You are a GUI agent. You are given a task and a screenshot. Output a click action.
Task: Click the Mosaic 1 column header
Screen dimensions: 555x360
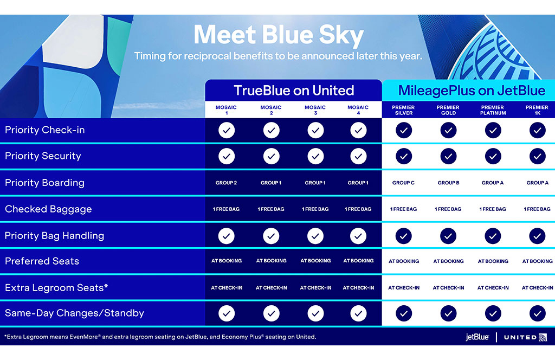pyautogui.click(x=226, y=110)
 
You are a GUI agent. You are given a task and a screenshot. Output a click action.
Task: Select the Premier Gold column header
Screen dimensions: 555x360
pyautogui.click(x=448, y=110)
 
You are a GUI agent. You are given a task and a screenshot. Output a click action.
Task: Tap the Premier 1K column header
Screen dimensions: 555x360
pyautogui.click(x=537, y=110)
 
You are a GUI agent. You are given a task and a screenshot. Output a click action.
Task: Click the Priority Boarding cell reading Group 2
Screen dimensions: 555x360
pyautogui.click(x=226, y=183)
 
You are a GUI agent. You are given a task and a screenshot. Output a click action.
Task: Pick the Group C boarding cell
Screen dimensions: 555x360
pyautogui.click(x=403, y=183)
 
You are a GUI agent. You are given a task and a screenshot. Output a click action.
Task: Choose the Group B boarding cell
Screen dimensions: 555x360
pyautogui.click(x=448, y=183)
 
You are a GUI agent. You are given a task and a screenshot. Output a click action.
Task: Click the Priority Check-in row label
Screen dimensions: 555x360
pyautogui.click(x=45, y=130)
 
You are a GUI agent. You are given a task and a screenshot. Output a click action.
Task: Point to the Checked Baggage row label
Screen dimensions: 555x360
pyautogui.click(x=48, y=209)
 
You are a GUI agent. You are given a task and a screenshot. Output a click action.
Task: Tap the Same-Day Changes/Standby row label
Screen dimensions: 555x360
pyautogui.click(x=75, y=313)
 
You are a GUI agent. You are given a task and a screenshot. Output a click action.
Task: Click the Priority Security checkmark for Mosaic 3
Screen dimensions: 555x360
pyautogui.click(x=315, y=157)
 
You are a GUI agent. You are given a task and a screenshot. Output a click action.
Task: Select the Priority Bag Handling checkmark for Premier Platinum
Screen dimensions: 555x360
pyautogui.click(x=493, y=236)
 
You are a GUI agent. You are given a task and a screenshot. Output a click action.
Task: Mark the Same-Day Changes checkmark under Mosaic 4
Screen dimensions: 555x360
pyautogui.click(x=358, y=313)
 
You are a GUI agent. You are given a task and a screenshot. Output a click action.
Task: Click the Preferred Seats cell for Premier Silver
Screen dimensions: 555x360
pyautogui.click(x=404, y=261)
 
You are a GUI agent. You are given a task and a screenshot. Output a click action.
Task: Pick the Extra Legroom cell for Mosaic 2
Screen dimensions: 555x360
pyautogui.click(x=271, y=288)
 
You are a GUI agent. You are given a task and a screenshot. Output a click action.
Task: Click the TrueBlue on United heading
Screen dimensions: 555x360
pyautogui.click(x=294, y=91)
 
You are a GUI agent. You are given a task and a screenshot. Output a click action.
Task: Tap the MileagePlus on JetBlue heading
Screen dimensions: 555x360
pyautogui.click(x=472, y=91)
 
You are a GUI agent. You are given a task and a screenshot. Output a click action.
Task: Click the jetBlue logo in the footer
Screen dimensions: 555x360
pyautogui.click(x=477, y=337)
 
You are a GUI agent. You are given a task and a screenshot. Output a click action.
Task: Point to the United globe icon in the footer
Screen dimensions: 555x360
pyautogui.click(x=543, y=337)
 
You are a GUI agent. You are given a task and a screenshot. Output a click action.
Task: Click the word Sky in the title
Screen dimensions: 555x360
pyautogui.click(x=341, y=36)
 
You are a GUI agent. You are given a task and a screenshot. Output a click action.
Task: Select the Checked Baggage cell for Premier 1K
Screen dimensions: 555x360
pyautogui.click(x=537, y=209)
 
